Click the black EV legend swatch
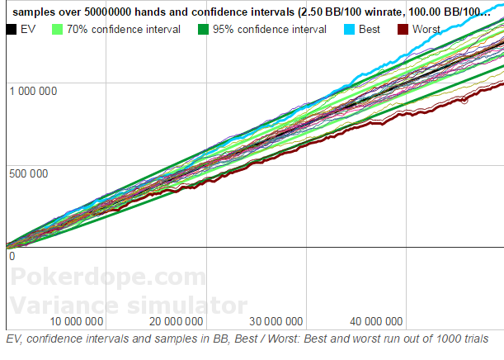(12, 29)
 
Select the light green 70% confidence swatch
(57, 29)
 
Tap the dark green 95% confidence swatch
(203, 29)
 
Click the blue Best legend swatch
(350, 29)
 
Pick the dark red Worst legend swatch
(403, 29)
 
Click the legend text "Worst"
(426, 29)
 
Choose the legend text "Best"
(370, 29)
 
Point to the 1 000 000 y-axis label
(33, 91)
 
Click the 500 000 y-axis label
(29, 173)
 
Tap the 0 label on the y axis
(12, 257)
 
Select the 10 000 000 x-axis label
(77, 321)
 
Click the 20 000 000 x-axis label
(177, 321)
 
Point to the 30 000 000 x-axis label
(276, 321)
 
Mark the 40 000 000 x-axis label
(376, 321)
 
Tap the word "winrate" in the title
(379, 12)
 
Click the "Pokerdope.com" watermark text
(108, 277)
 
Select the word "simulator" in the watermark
(187, 306)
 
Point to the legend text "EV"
(28, 29)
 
